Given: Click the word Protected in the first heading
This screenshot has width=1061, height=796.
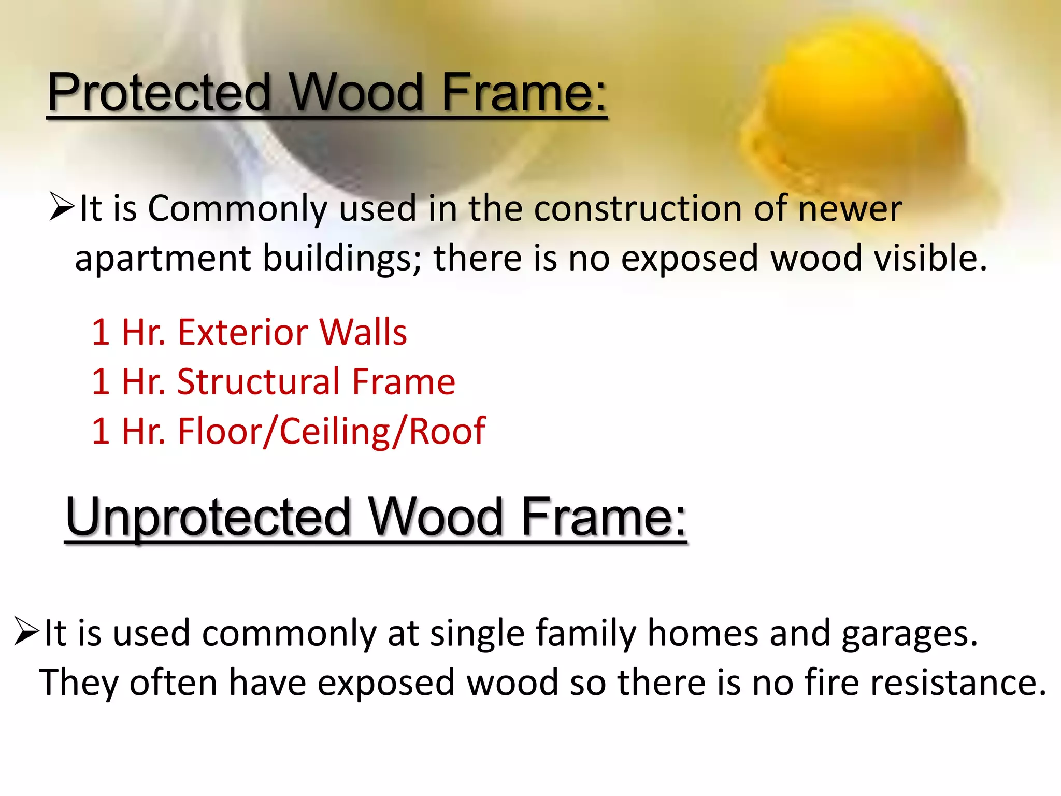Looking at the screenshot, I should (x=159, y=93).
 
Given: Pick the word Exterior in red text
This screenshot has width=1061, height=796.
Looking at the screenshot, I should (x=243, y=332).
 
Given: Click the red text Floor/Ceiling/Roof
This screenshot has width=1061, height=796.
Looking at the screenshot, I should (x=332, y=432).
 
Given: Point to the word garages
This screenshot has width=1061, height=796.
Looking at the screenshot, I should (x=909, y=634).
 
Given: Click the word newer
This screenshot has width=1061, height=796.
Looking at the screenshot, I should (x=850, y=209).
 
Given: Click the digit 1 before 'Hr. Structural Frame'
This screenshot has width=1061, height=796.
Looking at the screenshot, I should (x=101, y=382).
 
